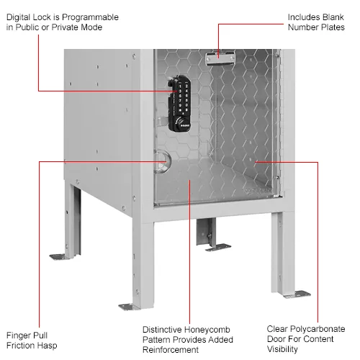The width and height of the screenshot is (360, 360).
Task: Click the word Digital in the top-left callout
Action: click(19, 17)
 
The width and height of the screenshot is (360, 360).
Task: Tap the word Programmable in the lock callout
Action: click(90, 17)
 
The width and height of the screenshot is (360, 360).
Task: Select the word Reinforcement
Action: click(171, 350)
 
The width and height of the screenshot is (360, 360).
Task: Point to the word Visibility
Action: click(282, 349)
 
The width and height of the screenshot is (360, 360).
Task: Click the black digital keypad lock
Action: click(179, 104)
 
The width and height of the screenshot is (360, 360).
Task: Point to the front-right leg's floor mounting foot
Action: click(297, 294)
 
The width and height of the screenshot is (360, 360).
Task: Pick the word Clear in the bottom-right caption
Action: click(275, 329)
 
